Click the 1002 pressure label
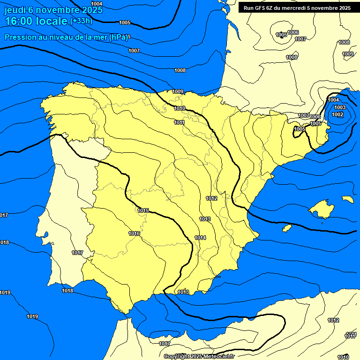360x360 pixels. (337, 114)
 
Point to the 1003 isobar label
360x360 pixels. (340, 107)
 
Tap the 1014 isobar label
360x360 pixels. (200, 238)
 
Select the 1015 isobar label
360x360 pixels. (143, 210)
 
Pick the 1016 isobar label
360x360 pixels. (134, 233)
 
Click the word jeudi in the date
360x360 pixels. (16, 10)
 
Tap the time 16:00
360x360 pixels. (18, 22)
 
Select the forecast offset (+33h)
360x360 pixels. (81, 21)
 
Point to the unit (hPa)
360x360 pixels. (118, 37)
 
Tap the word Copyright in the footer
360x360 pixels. (179, 357)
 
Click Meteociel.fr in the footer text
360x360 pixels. (218, 357)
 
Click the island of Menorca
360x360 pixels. (347, 199)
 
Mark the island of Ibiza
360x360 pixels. (287, 228)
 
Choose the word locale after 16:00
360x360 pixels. (51, 22)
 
